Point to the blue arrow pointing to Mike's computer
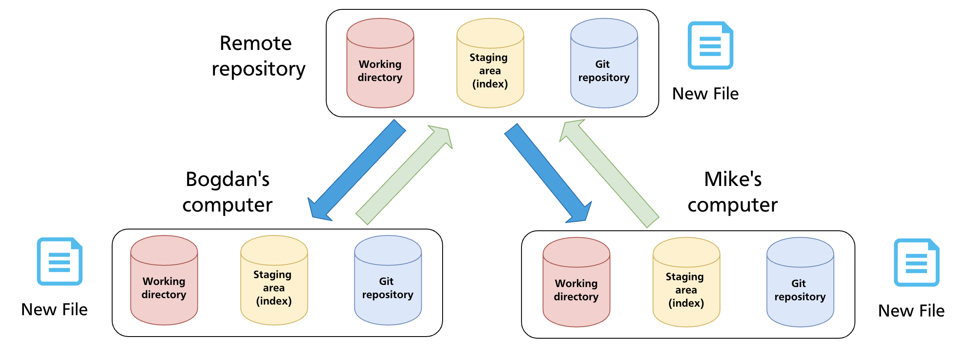coord(548,173)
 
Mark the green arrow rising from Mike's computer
coord(610,173)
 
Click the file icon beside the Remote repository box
coord(710,46)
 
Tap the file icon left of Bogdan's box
coord(59,261)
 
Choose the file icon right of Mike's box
coord(916,262)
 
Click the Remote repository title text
coord(258,56)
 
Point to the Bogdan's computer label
coord(227,192)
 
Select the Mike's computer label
coord(733,192)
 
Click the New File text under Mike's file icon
coord(911,311)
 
